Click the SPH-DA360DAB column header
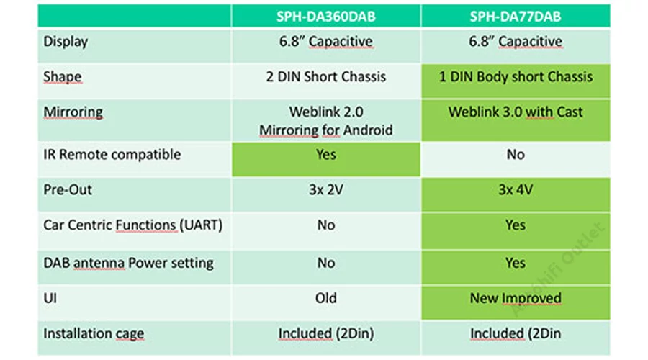(x=325, y=17)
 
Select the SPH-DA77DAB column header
(x=516, y=17)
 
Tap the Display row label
(x=66, y=41)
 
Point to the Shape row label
(x=63, y=76)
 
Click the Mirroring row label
(x=73, y=112)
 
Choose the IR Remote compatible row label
(x=112, y=154)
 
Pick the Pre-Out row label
(x=68, y=189)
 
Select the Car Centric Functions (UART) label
(x=132, y=225)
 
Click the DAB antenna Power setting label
(x=129, y=263)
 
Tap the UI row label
(x=50, y=298)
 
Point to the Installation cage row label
(x=94, y=333)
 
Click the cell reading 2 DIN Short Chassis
(x=325, y=76)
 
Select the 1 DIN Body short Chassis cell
(x=516, y=76)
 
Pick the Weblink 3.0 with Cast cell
(x=516, y=112)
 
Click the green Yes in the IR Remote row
(x=326, y=154)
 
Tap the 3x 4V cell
(x=516, y=189)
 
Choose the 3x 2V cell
(x=326, y=189)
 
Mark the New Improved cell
(x=516, y=298)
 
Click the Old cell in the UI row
(x=326, y=298)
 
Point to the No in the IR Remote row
(x=516, y=154)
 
